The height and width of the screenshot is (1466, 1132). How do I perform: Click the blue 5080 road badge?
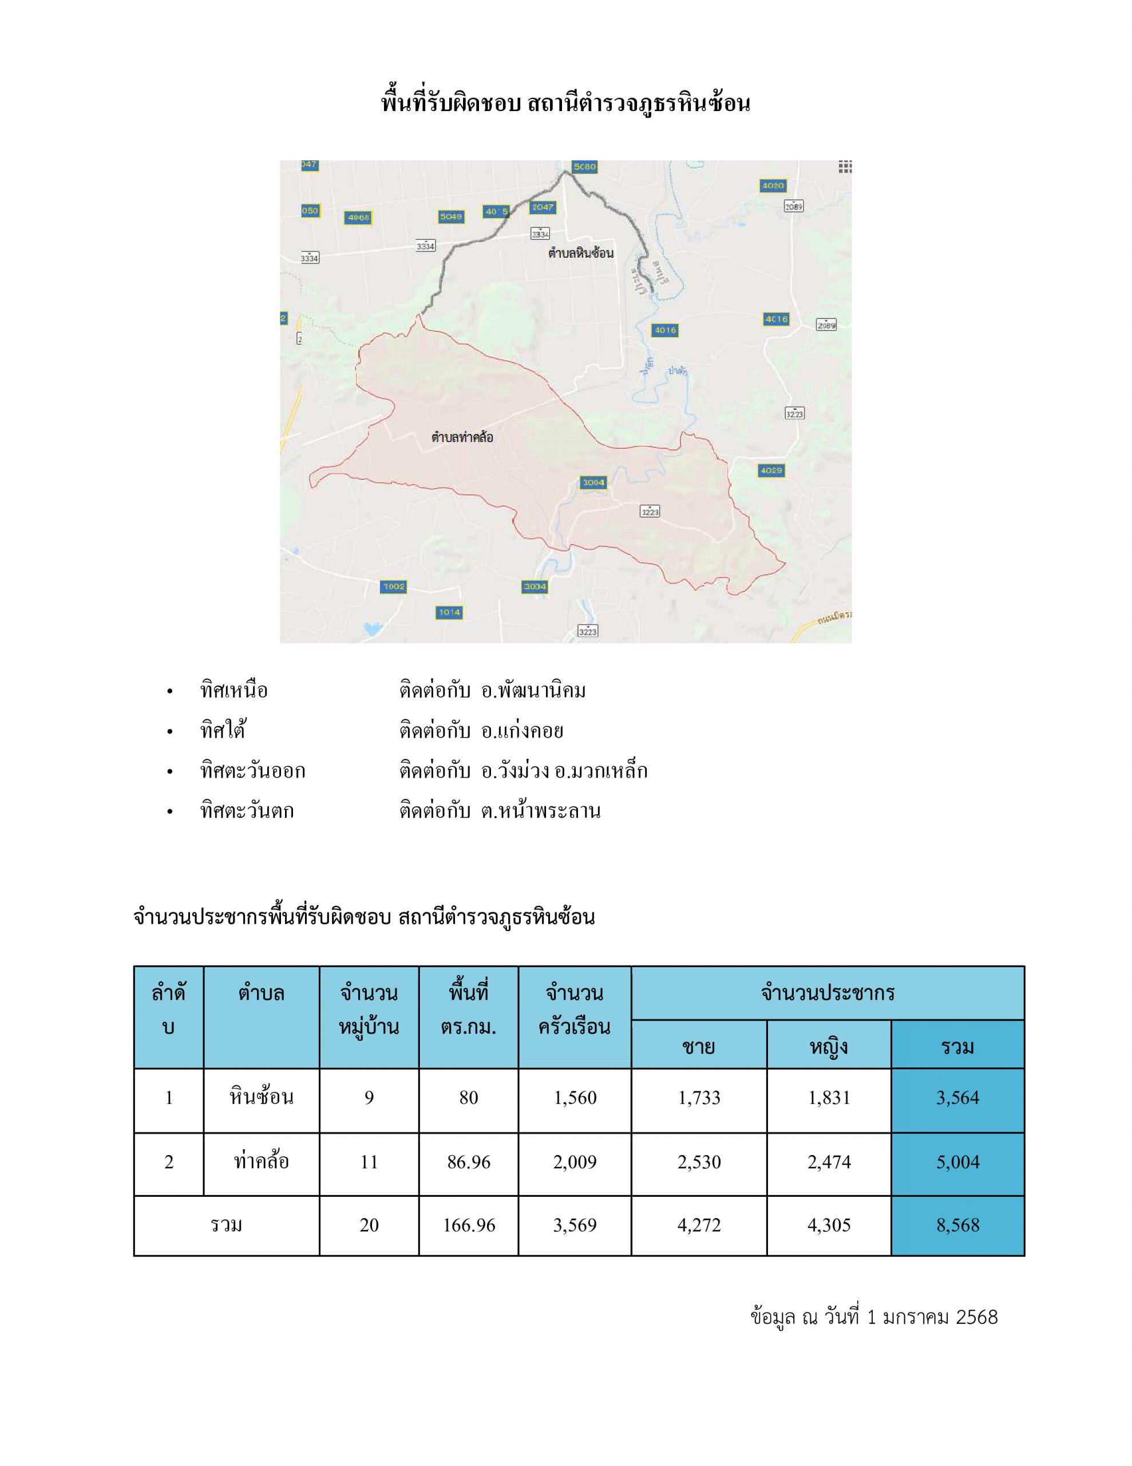click(x=584, y=167)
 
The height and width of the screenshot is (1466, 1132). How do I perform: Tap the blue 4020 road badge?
click(x=773, y=186)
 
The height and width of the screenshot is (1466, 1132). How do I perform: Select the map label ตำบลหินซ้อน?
click(x=580, y=253)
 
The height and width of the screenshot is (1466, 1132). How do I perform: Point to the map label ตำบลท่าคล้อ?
click(x=462, y=438)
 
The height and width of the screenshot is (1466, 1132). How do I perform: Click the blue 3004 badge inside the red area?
click(x=593, y=483)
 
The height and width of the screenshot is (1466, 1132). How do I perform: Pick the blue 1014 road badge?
click(x=449, y=612)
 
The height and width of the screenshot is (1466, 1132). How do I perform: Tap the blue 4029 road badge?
click(x=771, y=471)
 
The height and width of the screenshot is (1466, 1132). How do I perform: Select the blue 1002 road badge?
click(x=393, y=586)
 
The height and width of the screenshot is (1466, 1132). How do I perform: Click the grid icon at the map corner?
click(x=845, y=167)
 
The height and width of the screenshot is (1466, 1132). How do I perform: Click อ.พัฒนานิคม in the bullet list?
click(x=533, y=691)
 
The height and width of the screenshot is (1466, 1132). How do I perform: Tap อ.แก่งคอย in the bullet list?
click(x=522, y=731)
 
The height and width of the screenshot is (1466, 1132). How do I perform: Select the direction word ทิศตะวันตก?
click(x=247, y=811)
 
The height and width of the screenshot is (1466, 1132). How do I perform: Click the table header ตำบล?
click(x=261, y=994)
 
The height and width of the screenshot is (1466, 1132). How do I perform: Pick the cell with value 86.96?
click(x=468, y=1162)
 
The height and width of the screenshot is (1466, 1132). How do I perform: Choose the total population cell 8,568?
click(x=957, y=1225)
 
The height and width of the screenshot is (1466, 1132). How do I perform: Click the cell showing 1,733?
click(x=699, y=1098)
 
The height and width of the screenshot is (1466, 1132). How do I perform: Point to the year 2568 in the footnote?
click(x=976, y=1317)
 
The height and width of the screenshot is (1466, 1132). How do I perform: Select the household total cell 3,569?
click(x=575, y=1225)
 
